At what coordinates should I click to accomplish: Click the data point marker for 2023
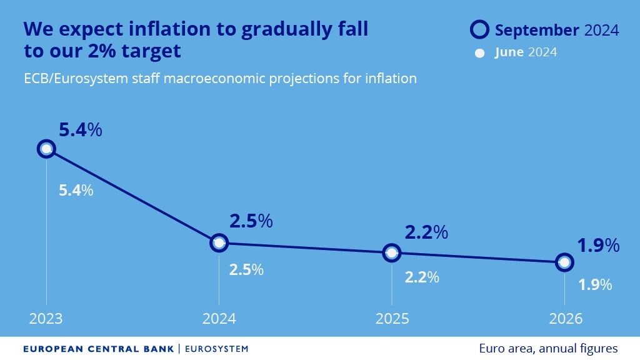point(46,149)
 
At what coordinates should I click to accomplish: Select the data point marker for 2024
point(219,242)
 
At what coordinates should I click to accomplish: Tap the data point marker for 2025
point(392,252)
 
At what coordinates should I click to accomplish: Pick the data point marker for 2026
point(564,262)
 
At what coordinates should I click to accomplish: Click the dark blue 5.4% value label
point(80,131)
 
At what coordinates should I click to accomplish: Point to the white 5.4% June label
point(76,191)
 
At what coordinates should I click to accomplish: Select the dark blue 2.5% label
point(251,221)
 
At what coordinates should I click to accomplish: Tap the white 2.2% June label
point(422,277)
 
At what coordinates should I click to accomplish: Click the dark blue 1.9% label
point(598,246)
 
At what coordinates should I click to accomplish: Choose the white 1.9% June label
point(594,285)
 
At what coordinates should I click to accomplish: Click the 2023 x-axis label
point(46,319)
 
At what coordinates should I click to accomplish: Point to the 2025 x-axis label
point(392,319)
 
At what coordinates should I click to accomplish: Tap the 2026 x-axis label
point(565,319)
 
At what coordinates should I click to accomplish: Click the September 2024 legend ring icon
point(479,30)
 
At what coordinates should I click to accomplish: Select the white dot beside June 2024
point(480,53)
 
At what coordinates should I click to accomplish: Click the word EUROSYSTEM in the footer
point(216,349)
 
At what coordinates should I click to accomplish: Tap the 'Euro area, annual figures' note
point(548,349)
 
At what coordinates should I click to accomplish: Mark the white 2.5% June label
point(246,270)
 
